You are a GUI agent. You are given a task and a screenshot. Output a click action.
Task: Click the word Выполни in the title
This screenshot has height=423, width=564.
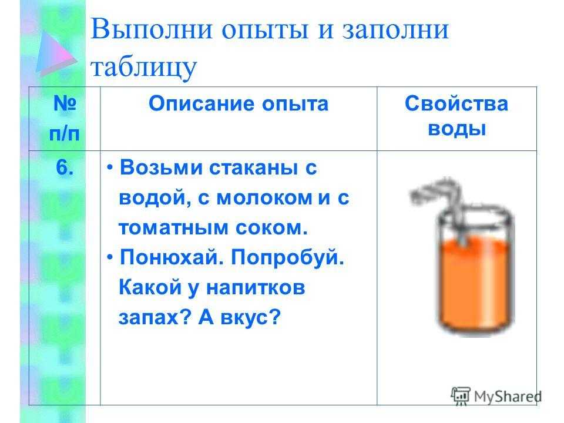[x=152, y=29]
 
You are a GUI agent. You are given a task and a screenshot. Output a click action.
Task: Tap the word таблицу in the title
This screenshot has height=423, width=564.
[x=143, y=67]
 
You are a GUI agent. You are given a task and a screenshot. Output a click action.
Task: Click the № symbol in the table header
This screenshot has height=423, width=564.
[x=65, y=103]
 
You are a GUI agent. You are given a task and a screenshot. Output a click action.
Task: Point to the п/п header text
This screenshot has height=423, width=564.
[x=65, y=134]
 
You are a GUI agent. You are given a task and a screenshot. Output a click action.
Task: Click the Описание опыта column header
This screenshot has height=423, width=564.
[x=239, y=103]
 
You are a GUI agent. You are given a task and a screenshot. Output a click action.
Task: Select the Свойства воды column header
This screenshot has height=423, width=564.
[x=456, y=116]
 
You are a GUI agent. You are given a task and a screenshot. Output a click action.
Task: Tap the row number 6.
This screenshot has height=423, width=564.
[x=65, y=167]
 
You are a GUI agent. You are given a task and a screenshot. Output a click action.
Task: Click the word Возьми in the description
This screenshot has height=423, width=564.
[x=161, y=167]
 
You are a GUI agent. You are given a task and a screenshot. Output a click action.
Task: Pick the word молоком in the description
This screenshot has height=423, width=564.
[x=264, y=198]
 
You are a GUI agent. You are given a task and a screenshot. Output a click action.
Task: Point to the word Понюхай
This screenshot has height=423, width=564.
[x=172, y=257]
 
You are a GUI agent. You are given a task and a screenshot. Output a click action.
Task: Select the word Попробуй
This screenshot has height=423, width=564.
[x=287, y=257]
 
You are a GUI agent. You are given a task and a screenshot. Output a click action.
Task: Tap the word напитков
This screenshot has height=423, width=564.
[x=256, y=288]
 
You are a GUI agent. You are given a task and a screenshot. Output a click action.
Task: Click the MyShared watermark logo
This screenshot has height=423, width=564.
[x=496, y=397]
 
